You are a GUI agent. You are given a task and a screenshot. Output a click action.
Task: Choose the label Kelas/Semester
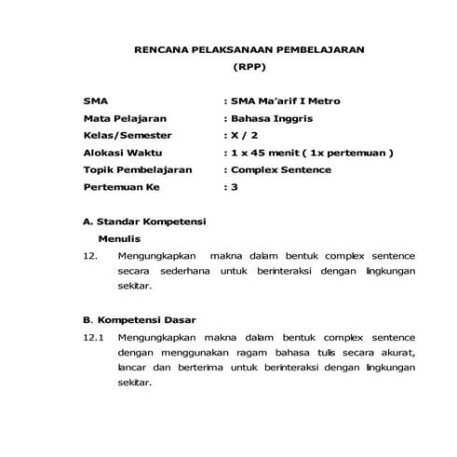(121, 136)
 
